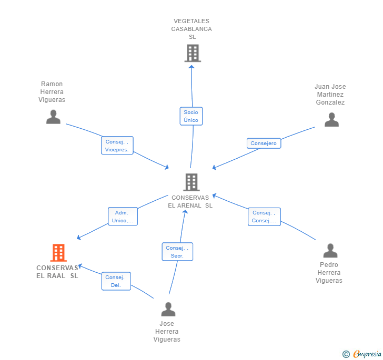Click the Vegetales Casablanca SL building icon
[192, 53]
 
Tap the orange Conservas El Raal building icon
[58, 253]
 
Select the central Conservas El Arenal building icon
[191, 182]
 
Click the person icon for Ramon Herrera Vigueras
[53, 117]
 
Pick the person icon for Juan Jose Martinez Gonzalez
[331, 120]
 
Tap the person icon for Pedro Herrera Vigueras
[330, 251]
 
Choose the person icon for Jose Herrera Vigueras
[168, 309]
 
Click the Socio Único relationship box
[191, 116]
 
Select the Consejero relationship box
[264, 143]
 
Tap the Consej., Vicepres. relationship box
[117, 146]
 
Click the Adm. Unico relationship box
[123, 217]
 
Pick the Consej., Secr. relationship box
[177, 252]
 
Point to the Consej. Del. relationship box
[116, 281]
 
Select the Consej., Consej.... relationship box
[264, 217]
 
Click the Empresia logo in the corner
[367, 354]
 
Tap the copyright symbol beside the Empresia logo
[346, 354]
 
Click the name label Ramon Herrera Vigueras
[52, 92]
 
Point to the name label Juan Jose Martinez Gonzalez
[330, 95]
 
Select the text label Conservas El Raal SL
[57, 272]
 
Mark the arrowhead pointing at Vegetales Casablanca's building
[191, 66]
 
